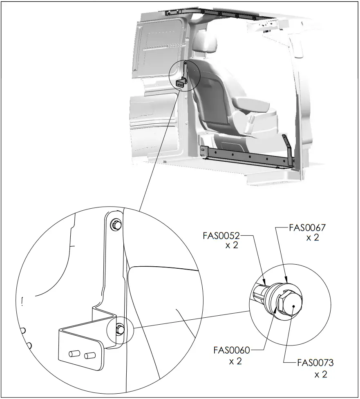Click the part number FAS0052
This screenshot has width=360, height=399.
(221, 236)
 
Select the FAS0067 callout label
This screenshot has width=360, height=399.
(307, 227)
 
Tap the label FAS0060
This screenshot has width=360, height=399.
(231, 350)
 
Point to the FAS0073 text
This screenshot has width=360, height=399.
(315, 363)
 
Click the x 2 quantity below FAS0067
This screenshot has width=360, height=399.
(313, 238)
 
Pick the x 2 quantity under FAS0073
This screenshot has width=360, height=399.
(321, 374)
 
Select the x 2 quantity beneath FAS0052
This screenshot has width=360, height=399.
(231, 246)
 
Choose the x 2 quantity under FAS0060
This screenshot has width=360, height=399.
(235, 361)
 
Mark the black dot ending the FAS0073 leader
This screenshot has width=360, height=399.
(292, 311)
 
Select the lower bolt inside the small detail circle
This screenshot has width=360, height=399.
(120, 328)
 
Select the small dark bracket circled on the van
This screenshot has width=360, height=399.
(181, 83)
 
